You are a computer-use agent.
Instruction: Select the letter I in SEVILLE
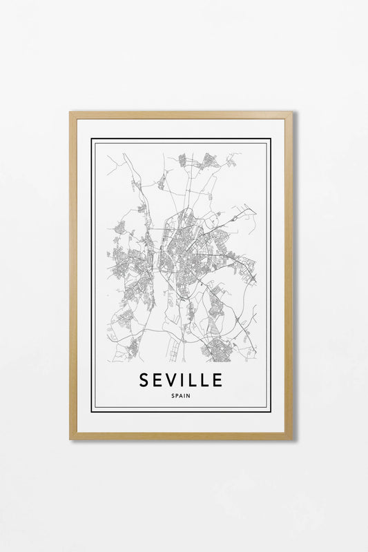pyautogui.click(x=188, y=380)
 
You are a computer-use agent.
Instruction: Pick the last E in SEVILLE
pyautogui.click(x=217, y=380)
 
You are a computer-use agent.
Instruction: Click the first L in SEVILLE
pyautogui.click(x=197, y=380)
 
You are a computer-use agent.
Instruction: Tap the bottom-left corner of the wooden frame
pyautogui.click(x=70, y=438)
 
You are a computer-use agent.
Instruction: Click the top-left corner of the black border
pyautogui.click(x=92, y=139)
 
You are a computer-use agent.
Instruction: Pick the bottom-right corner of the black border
pyautogui.click(x=270, y=411)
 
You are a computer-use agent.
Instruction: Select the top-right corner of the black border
pyautogui.click(x=270, y=139)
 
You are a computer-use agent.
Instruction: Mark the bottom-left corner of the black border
pyautogui.click(x=92, y=411)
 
